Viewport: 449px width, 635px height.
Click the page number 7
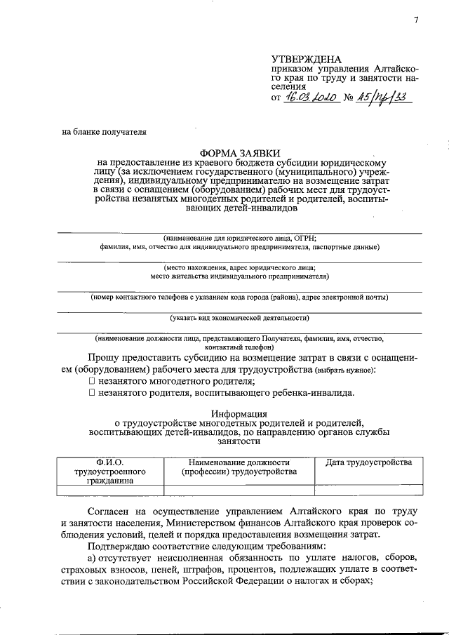click(415, 20)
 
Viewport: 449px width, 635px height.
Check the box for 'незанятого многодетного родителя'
click(92, 380)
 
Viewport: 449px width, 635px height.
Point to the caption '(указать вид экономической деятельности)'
click(239, 318)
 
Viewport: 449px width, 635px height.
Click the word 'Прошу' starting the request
click(105, 357)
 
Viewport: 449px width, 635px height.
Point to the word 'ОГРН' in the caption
click(307, 238)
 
